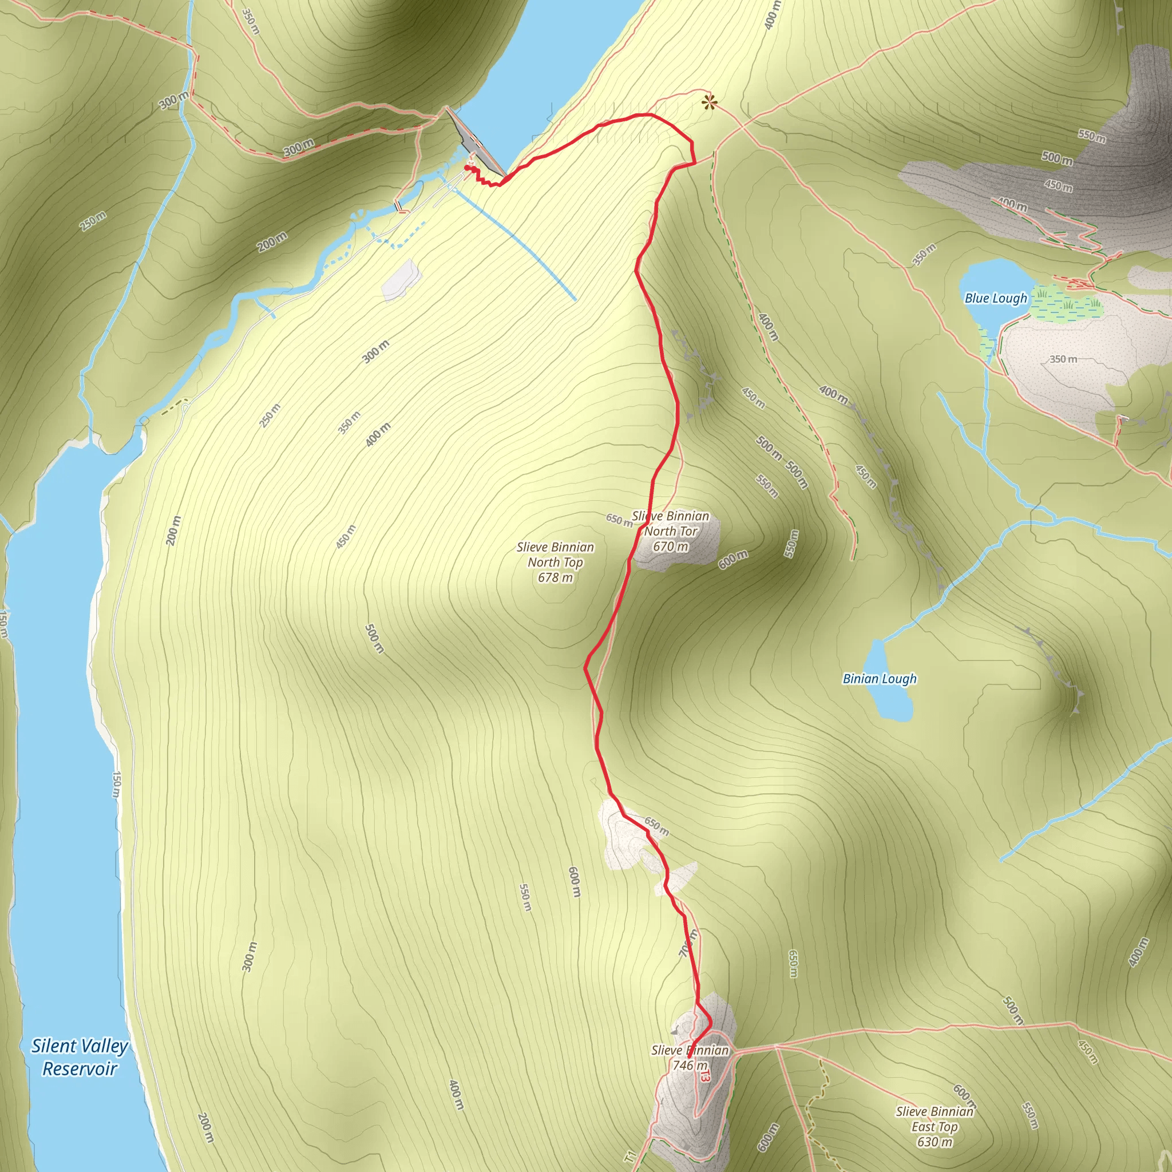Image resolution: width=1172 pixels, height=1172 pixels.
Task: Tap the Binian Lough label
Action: (x=879, y=678)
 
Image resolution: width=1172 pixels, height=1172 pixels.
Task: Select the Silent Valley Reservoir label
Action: (x=80, y=1057)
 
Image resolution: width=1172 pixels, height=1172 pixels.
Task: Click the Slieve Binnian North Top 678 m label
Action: (x=555, y=563)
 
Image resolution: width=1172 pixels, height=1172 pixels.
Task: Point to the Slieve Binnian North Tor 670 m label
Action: (x=670, y=531)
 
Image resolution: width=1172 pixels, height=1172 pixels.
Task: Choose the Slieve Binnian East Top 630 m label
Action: (x=934, y=1126)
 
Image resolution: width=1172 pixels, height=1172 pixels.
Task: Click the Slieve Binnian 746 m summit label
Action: (x=690, y=1058)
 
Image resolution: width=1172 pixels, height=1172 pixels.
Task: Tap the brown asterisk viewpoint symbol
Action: (x=708, y=102)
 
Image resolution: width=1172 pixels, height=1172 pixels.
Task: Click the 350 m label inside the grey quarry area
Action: (x=1063, y=359)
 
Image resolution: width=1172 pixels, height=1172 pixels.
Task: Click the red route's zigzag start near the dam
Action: (x=479, y=176)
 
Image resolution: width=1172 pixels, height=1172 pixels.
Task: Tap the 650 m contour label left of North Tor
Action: (x=618, y=519)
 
